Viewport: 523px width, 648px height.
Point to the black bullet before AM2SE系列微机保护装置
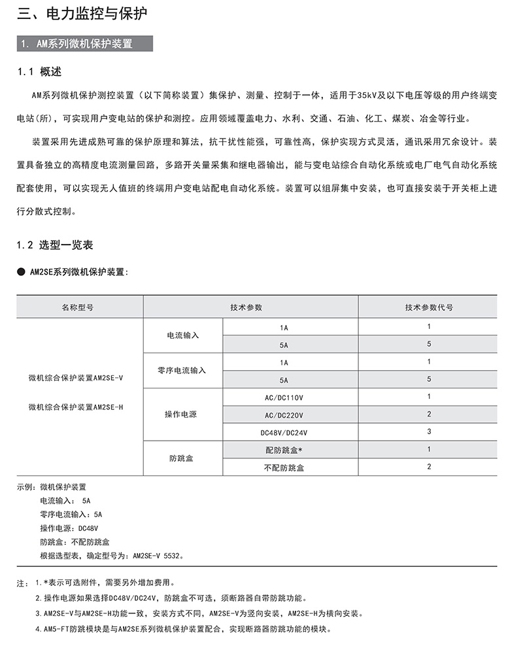[21, 271]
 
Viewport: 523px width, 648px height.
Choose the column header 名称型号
[78, 307]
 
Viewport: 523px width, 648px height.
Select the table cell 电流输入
[183, 335]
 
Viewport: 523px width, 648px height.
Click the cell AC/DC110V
[284, 397]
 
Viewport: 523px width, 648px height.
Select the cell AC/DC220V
[284, 415]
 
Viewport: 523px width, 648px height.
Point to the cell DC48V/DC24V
[284, 432]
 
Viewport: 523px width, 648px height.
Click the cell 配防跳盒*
[284, 450]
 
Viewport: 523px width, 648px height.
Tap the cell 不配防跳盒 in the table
[284, 468]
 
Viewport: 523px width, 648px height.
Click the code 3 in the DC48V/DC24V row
[429, 432]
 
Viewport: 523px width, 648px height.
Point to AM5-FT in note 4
[55, 629]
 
